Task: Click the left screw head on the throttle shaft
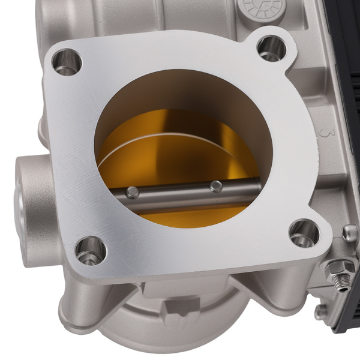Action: (132, 192)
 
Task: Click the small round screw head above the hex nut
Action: (349, 233)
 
